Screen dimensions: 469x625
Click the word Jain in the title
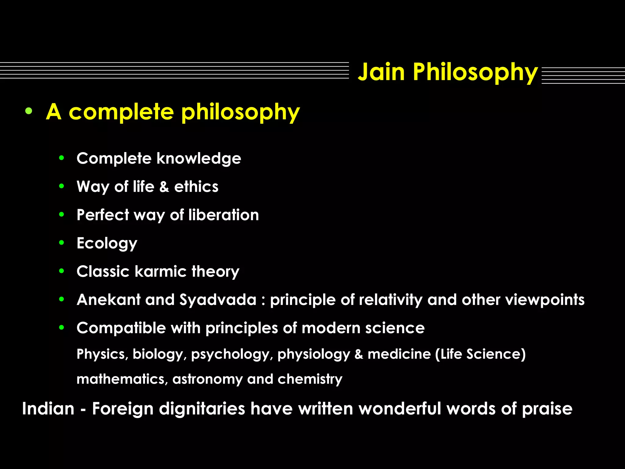click(x=381, y=72)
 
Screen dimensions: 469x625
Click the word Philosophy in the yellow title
click(x=475, y=72)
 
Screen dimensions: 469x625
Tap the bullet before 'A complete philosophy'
click(x=29, y=111)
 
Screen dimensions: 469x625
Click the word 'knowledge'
click(x=199, y=158)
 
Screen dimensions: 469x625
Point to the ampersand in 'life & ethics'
click(x=164, y=187)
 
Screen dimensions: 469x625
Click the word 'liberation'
click(x=224, y=215)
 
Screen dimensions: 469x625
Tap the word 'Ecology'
click(x=107, y=243)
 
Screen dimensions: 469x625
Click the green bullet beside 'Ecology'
click(x=62, y=243)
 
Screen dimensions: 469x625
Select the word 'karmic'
click(x=161, y=271)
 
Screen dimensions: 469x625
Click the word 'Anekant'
click(x=109, y=300)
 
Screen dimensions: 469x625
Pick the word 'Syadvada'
click(x=218, y=300)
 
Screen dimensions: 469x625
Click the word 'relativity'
click(x=391, y=300)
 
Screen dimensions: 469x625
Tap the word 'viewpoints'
click(x=545, y=300)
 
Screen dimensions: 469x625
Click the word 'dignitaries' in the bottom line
click(x=202, y=409)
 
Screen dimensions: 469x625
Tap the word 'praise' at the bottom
click(x=547, y=409)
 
